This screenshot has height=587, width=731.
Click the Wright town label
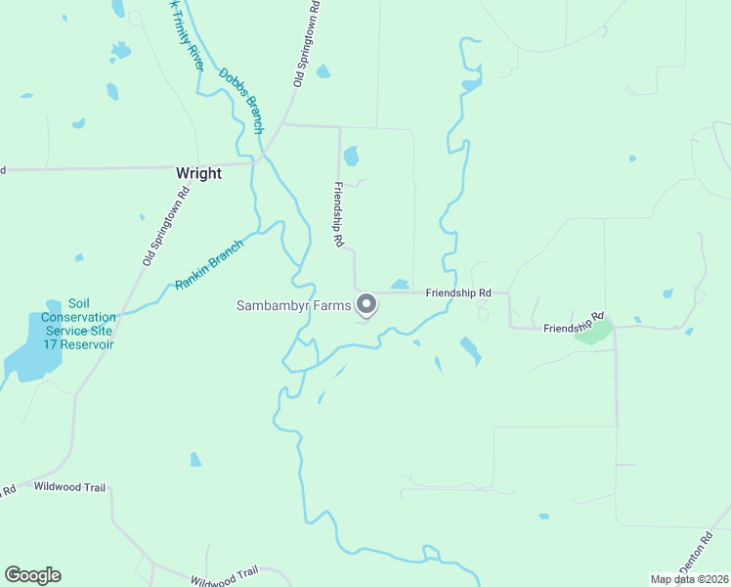tap(198, 173)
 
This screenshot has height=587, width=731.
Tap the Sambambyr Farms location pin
tap(366, 305)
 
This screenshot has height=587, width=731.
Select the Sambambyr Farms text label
tap(293, 305)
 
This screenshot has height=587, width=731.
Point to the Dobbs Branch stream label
tap(241, 100)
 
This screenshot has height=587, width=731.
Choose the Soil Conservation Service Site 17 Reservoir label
tap(79, 324)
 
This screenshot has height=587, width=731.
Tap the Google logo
tap(32, 575)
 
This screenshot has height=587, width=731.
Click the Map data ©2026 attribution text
tap(690, 579)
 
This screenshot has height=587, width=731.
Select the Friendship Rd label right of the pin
tap(464, 293)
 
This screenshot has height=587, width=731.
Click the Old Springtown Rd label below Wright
tap(165, 225)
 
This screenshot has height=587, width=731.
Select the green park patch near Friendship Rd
tap(593, 333)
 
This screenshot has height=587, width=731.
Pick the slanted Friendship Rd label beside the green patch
tap(576, 324)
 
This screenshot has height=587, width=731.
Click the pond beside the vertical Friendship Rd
tap(351, 156)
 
